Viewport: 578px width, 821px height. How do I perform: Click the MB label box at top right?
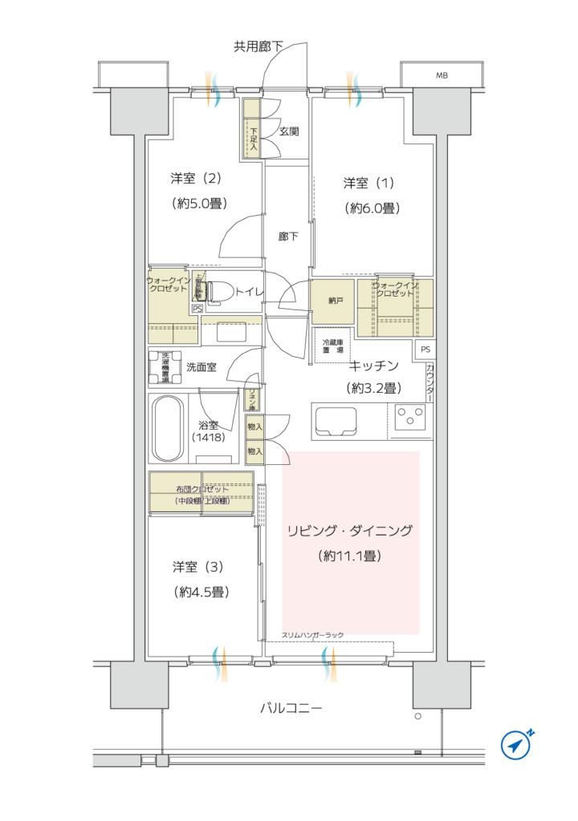(x=442, y=75)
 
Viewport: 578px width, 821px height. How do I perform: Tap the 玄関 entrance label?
(x=289, y=131)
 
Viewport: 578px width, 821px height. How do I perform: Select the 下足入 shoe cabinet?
(x=253, y=128)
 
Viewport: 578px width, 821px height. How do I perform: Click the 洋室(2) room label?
(x=195, y=177)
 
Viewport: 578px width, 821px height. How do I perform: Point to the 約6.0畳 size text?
(x=372, y=208)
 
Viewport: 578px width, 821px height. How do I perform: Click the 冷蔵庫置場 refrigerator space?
(x=331, y=346)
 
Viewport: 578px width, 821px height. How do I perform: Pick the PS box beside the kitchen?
(x=425, y=350)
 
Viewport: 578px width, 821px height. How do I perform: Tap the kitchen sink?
(x=337, y=419)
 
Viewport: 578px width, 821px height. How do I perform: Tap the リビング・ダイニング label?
(x=350, y=531)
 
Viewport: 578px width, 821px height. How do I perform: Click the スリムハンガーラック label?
(x=312, y=635)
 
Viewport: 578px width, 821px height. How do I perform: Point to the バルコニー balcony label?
(x=291, y=709)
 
